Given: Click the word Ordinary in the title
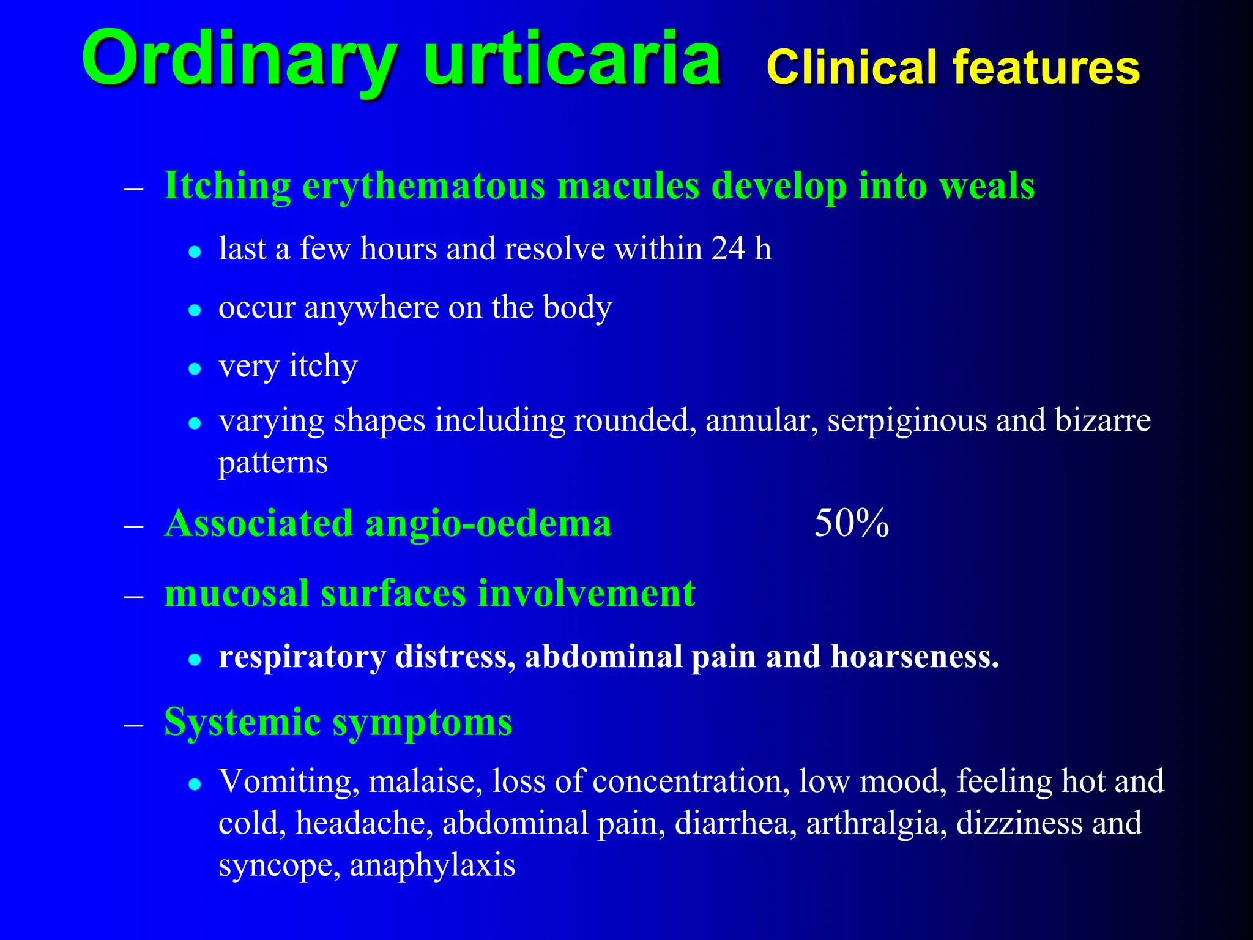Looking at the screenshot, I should (x=240, y=60).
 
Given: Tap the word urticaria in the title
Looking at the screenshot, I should (x=571, y=60).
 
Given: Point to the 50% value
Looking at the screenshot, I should (x=851, y=524).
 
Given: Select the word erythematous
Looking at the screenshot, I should (x=423, y=186).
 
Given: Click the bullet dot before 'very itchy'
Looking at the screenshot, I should (x=195, y=368).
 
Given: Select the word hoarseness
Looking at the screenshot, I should (x=914, y=657).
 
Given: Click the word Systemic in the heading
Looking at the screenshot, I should (x=242, y=722).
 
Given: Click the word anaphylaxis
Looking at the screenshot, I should (x=432, y=865).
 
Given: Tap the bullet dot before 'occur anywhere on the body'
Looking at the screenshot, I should (x=195, y=310).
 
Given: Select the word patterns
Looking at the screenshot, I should (x=273, y=463).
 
